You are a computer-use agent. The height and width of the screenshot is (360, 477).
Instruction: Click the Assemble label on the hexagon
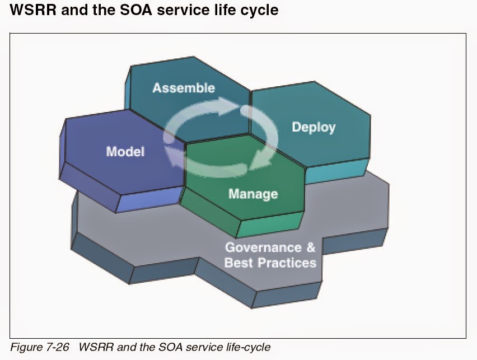pyautogui.click(x=183, y=88)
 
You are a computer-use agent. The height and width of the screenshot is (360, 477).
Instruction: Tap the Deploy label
pyautogui.click(x=314, y=127)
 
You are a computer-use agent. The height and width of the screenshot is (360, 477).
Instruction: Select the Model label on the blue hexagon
pyautogui.click(x=125, y=152)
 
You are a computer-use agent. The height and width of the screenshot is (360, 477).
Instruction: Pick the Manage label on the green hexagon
pyautogui.click(x=252, y=194)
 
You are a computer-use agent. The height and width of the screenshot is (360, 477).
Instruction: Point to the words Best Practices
pyautogui.click(x=270, y=262)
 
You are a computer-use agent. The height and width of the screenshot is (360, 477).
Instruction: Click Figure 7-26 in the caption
pyautogui.click(x=40, y=347)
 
